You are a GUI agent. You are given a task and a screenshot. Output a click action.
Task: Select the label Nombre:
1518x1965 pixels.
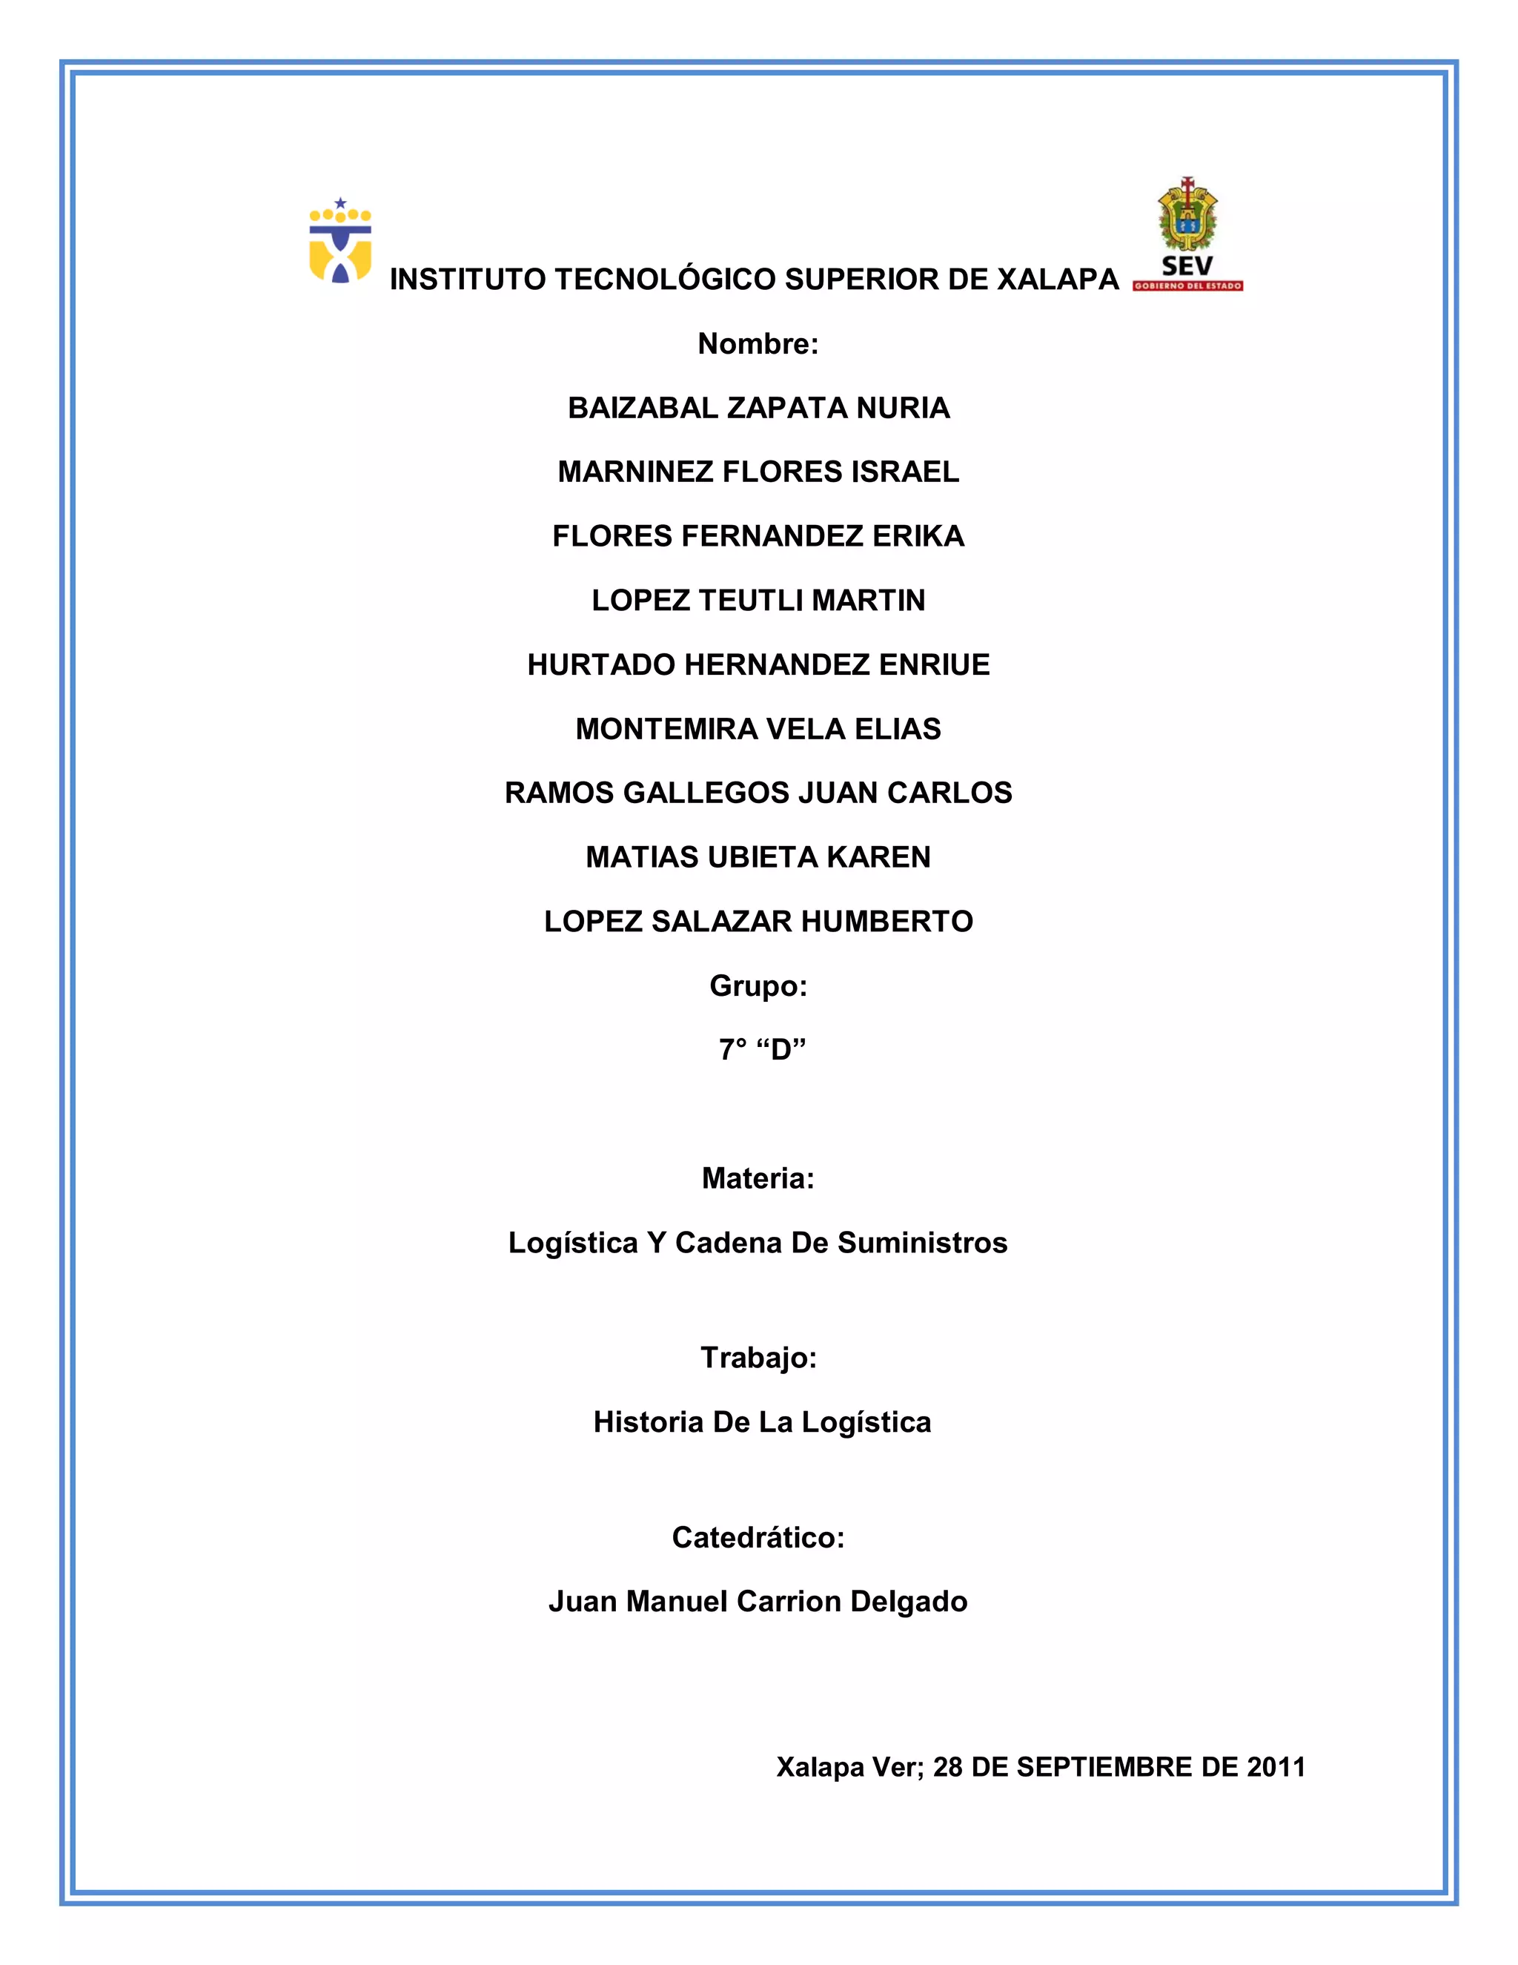(x=758, y=344)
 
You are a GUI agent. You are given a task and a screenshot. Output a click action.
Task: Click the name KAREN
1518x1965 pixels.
(x=878, y=857)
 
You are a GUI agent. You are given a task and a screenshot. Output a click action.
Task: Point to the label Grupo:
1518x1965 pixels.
(x=758, y=986)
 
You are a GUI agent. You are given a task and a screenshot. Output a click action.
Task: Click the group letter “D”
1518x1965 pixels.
(x=780, y=1050)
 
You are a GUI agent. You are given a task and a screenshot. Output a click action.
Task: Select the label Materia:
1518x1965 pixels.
(x=758, y=1179)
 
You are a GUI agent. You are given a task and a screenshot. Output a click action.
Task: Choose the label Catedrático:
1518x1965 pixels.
(x=758, y=1538)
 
